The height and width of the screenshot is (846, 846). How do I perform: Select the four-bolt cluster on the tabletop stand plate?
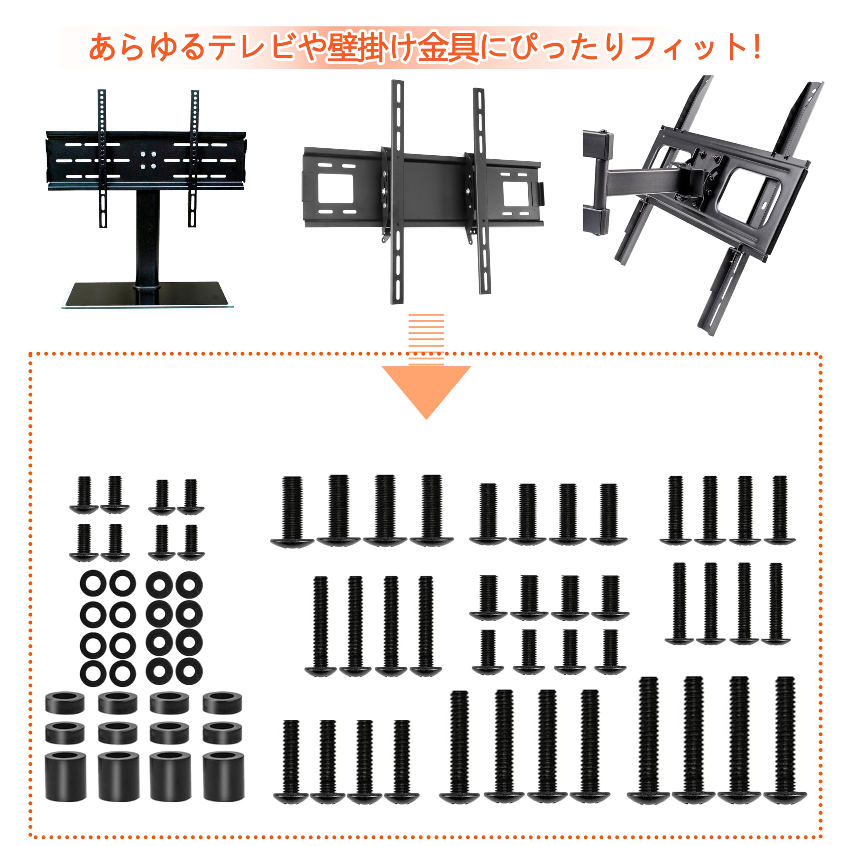148,160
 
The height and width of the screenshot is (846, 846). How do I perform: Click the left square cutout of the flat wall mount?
335,188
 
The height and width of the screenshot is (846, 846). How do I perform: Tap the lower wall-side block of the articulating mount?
596,221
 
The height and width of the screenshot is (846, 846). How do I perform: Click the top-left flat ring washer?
93,584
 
